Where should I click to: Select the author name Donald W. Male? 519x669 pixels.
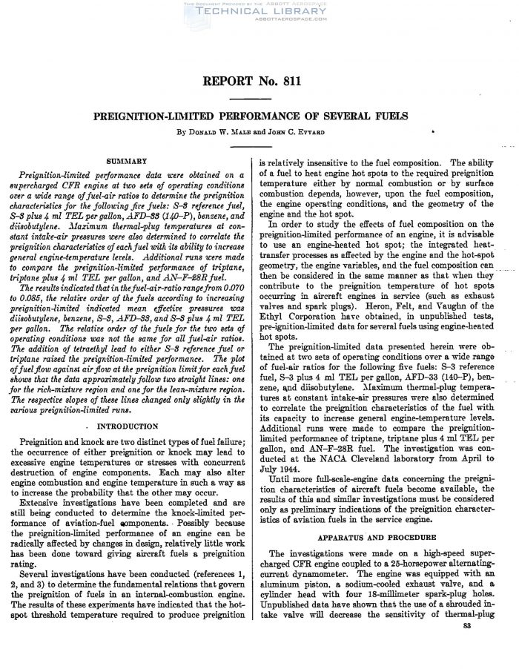[225, 134]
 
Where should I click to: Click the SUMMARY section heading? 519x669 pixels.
[127, 159]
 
